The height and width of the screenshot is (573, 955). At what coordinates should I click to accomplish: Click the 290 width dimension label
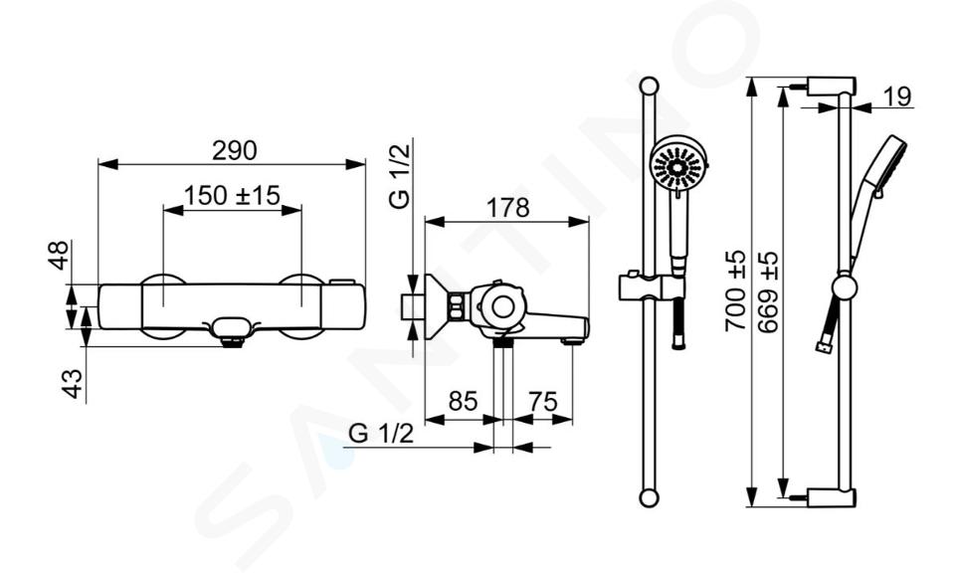point(235,150)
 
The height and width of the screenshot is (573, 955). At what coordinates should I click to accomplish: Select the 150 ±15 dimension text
point(232,195)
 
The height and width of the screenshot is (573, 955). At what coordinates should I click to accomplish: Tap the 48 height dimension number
point(59,255)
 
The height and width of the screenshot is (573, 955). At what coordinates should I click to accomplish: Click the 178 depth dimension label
point(508,208)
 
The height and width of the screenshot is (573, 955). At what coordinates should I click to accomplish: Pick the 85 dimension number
point(463,401)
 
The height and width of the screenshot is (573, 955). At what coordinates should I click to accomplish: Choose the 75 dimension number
point(543,402)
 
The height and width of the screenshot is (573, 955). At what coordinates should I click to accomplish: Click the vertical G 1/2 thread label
point(401,173)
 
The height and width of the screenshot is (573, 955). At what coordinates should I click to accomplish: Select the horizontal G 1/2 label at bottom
point(381,433)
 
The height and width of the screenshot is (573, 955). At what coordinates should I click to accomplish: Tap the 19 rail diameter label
point(897,96)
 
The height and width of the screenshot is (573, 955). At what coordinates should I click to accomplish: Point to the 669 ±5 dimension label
point(768,291)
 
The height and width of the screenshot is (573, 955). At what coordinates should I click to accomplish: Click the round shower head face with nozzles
point(677,163)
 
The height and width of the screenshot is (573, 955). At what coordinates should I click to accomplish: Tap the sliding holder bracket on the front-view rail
point(651,286)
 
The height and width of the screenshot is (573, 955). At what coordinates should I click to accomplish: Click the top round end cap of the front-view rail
point(649,85)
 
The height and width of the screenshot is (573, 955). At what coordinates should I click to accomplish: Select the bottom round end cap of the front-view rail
point(649,497)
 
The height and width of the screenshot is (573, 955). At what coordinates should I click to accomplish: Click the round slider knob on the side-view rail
point(845,287)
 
